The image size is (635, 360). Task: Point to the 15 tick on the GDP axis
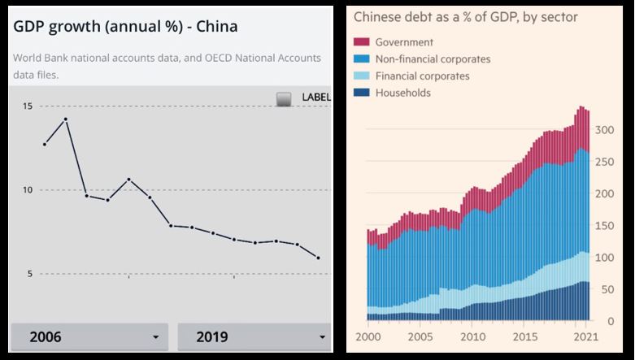point(28,106)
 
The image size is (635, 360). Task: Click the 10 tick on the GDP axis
point(28,190)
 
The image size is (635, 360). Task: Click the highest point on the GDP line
point(66,119)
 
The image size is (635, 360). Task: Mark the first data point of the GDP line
point(45,144)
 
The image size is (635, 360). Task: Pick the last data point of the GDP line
point(318,258)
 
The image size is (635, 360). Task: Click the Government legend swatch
point(362,42)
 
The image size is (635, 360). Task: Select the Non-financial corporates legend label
point(433,59)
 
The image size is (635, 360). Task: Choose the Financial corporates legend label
point(422,76)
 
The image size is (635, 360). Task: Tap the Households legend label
point(402,93)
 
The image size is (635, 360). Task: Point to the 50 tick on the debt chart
point(607,289)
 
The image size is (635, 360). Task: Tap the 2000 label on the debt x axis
point(368,336)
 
